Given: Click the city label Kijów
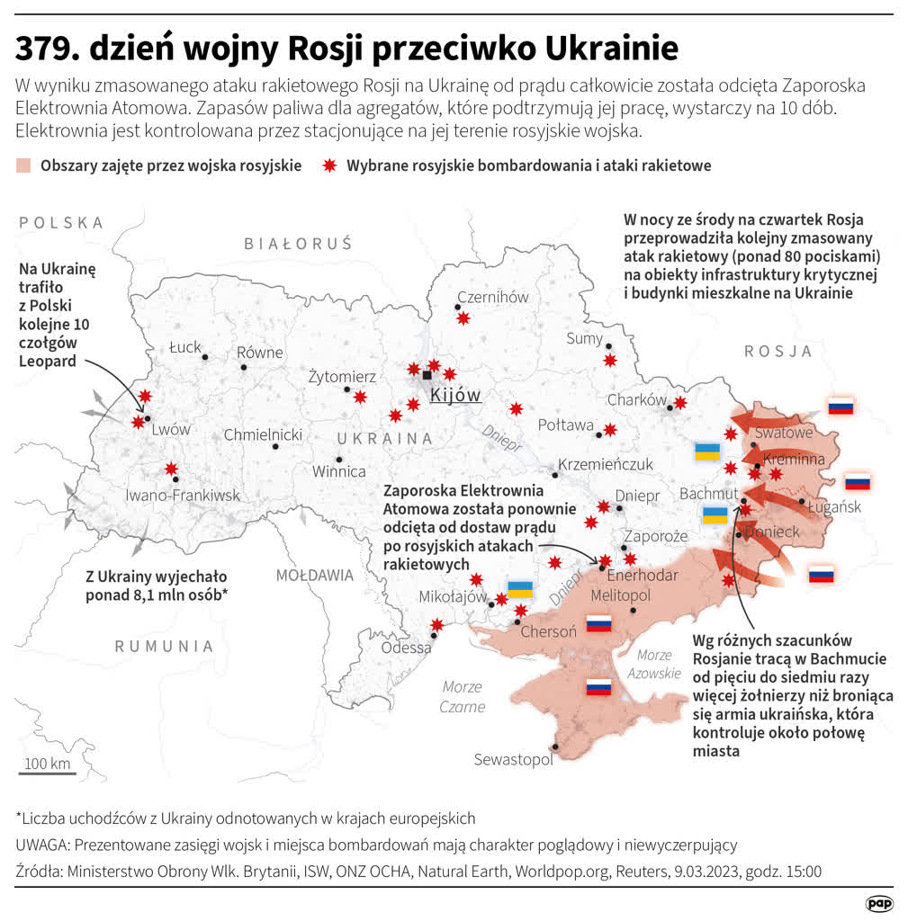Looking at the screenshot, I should [x=455, y=395].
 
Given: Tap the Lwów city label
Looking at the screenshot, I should [x=170, y=429].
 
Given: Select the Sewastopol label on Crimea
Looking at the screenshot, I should [x=513, y=760].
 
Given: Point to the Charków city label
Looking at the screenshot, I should [x=636, y=399].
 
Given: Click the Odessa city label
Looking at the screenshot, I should [x=406, y=648].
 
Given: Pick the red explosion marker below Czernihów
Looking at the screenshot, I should [x=463, y=317].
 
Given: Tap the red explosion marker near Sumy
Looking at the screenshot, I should [x=609, y=360].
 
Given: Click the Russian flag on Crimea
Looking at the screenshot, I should [x=598, y=687].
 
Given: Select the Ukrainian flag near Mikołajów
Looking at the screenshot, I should [x=520, y=590].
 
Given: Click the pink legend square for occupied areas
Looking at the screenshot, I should [x=23, y=165].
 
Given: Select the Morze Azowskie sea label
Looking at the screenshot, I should [x=654, y=664].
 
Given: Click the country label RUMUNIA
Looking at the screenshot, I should [x=164, y=646].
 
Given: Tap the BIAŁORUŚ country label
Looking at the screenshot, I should [x=298, y=243].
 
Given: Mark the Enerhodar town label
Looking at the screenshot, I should [x=642, y=576].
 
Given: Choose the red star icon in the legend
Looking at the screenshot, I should [x=330, y=165].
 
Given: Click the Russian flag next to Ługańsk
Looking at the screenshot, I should [x=858, y=481].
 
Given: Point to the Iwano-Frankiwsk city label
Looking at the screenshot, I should [x=183, y=495].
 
